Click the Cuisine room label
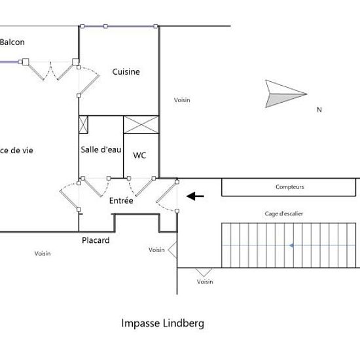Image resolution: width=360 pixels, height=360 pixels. coord(126,71)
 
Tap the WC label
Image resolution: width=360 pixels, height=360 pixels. coord(139,155)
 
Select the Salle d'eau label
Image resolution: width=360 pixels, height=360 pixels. coord(101,150)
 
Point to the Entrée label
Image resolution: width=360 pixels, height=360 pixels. coord(121,200)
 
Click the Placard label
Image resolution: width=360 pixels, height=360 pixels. coord(96,240)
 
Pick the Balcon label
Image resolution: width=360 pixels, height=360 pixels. coord(12,42)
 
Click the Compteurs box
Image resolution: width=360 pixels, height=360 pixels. coord(289,187)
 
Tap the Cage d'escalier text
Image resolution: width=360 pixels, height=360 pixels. coord(284,214)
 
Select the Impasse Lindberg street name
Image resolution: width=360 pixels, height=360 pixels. coord(162,323)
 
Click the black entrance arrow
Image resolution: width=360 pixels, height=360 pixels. coord(195,196)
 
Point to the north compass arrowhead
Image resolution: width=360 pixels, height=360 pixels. coord(286,94)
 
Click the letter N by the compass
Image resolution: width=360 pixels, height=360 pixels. coord(319,109)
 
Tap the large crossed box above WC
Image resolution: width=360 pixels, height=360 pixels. coord(141,124)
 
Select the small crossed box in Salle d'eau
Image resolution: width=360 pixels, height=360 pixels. coord(83,124)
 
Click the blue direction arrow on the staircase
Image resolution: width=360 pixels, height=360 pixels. coord(291,245)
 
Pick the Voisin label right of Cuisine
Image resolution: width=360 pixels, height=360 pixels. coord(182,100)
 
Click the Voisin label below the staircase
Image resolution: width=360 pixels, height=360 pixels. coord(205,281)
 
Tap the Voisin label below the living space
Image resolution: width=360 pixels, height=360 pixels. coord(43,253)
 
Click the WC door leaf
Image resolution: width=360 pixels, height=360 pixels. coord(145,187)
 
